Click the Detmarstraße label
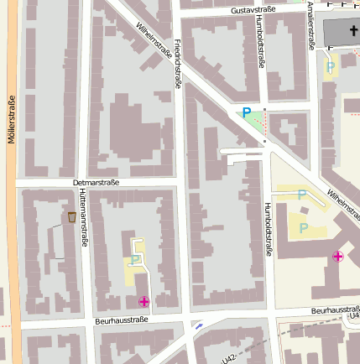(97, 182)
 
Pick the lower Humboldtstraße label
(268, 227)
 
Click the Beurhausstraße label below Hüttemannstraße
(122, 320)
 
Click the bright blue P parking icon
(246, 112)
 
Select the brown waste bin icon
(72, 217)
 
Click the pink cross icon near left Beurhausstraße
(143, 301)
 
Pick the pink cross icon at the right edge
(337, 257)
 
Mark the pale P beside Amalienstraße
(331, 66)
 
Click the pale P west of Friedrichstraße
(134, 260)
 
